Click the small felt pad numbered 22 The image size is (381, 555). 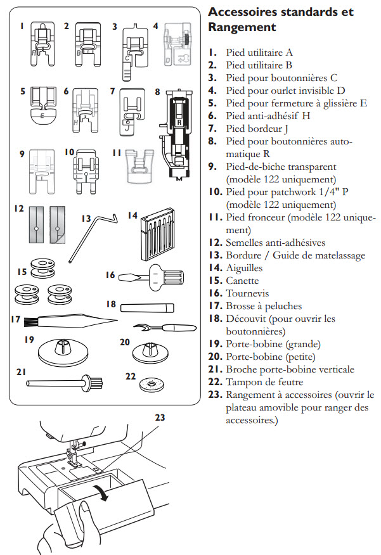pyautogui.click(x=151, y=385)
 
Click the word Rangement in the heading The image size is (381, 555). pyautogui.click(x=242, y=27)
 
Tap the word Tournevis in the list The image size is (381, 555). pyautogui.click(x=247, y=293)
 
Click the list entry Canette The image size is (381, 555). pyautogui.click(x=242, y=281)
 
